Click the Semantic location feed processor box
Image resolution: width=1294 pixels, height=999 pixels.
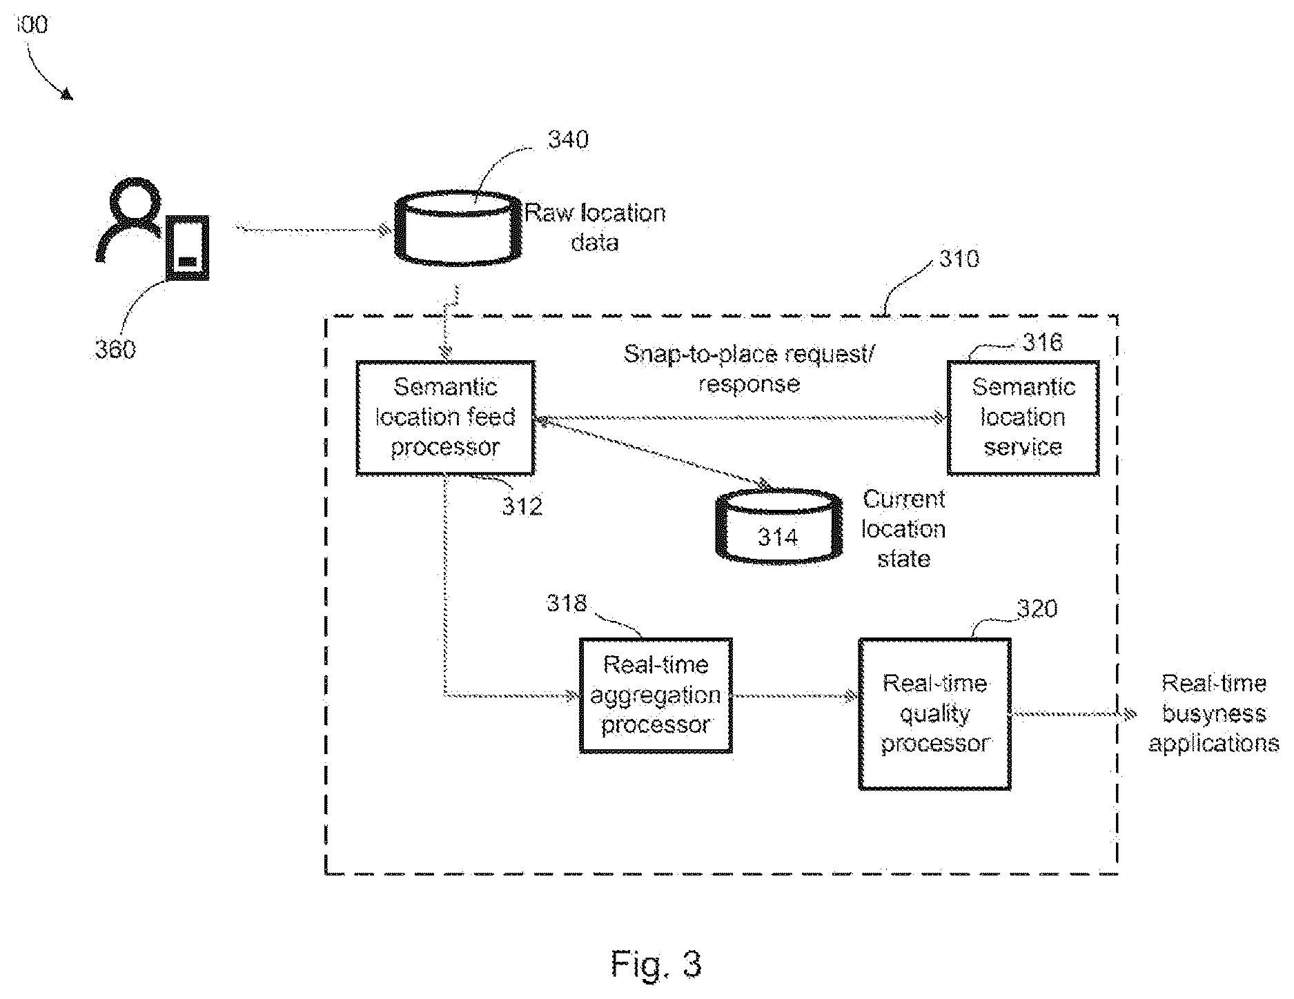click(445, 417)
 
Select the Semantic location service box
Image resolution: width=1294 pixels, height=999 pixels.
click(1023, 417)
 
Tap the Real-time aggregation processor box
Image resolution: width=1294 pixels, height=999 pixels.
click(656, 695)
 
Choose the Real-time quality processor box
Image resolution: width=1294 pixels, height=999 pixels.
click(935, 713)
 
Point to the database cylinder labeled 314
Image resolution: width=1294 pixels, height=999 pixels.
click(779, 526)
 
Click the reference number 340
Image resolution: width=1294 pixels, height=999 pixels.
click(568, 140)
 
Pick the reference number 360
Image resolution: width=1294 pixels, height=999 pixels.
click(115, 350)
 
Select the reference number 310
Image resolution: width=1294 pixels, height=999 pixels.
click(959, 259)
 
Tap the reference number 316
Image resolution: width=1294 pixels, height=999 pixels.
click(1042, 342)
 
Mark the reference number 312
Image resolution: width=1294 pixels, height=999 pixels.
click(522, 506)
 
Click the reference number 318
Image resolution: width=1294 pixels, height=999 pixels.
click(567, 603)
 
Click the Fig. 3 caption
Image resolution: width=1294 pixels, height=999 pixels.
click(656, 964)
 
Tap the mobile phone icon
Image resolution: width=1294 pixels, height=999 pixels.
click(187, 248)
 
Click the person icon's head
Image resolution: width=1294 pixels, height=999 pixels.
click(133, 200)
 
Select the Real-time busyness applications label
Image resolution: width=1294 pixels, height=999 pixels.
click(1214, 713)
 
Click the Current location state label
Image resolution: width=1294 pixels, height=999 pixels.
click(903, 528)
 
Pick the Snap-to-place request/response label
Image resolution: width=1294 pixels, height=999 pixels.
click(749, 368)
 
